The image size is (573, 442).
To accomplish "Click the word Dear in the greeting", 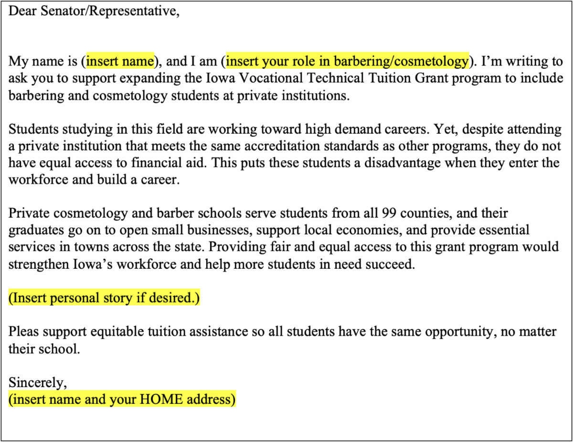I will [x=21, y=11].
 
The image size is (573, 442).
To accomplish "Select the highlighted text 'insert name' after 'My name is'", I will [x=120, y=61].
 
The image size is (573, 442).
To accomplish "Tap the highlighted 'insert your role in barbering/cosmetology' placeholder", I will [x=347, y=61].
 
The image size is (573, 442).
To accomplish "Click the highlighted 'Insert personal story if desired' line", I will [x=104, y=298].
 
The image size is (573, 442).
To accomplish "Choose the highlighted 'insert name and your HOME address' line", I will [x=122, y=399].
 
